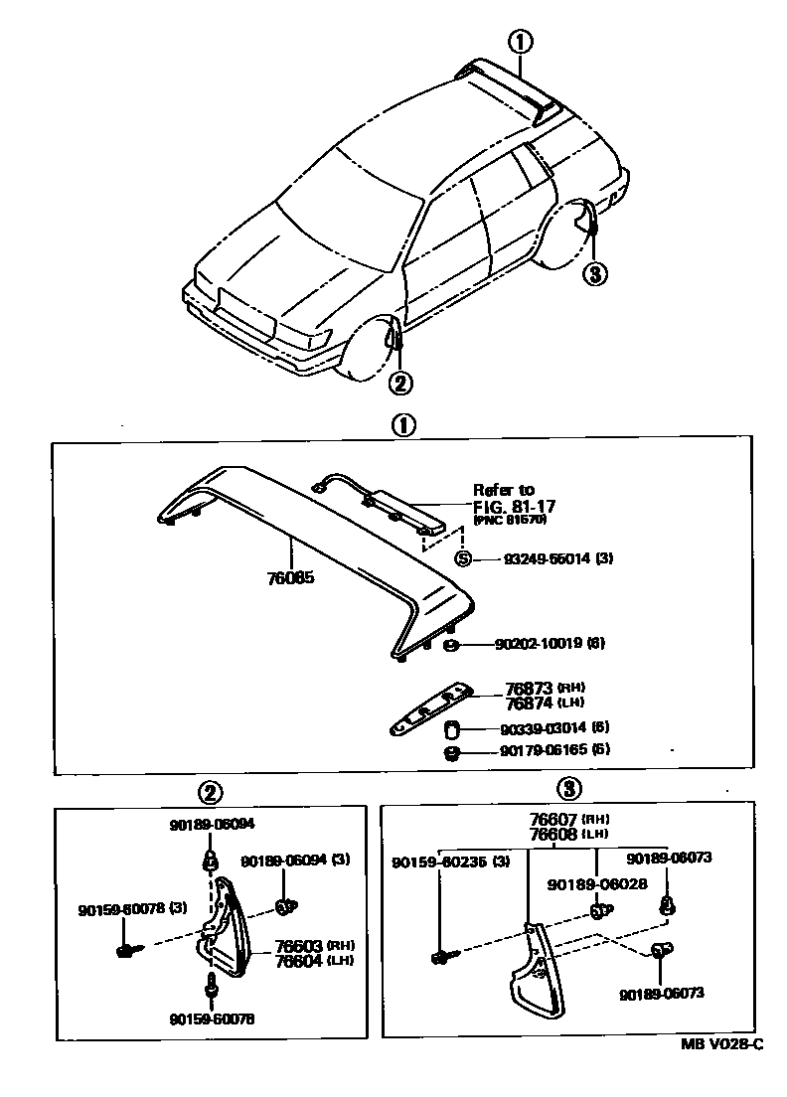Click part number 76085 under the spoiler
point(290,577)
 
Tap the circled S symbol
point(463,558)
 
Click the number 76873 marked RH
point(530,688)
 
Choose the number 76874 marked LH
point(530,703)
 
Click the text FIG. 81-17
point(514,506)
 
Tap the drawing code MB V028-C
point(722,1043)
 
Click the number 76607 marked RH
point(554,818)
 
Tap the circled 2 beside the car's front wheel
point(399,382)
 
